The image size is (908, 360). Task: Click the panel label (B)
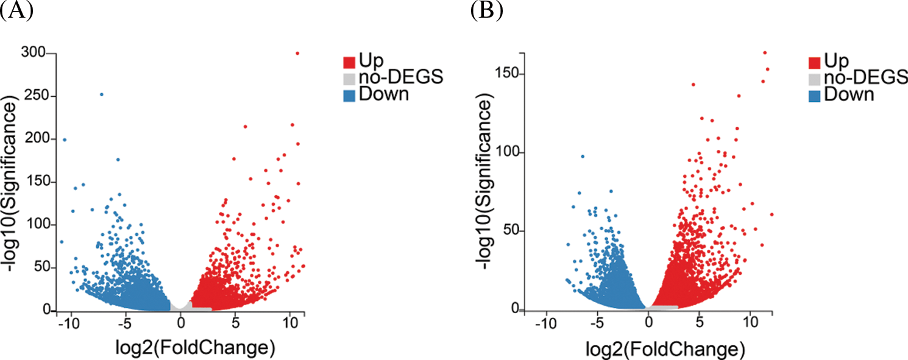(x=487, y=11)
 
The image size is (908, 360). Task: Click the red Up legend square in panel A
(x=349, y=62)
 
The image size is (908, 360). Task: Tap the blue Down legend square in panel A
(x=349, y=95)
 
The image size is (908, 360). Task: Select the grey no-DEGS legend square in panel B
(x=814, y=79)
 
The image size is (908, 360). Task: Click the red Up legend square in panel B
(x=814, y=62)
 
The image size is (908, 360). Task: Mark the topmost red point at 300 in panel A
(x=297, y=53)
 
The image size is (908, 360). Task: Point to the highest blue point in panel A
(x=102, y=94)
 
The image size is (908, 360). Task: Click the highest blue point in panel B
(x=583, y=157)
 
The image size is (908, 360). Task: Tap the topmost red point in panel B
(x=765, y=52)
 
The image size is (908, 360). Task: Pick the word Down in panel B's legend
(x=849, y=95)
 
